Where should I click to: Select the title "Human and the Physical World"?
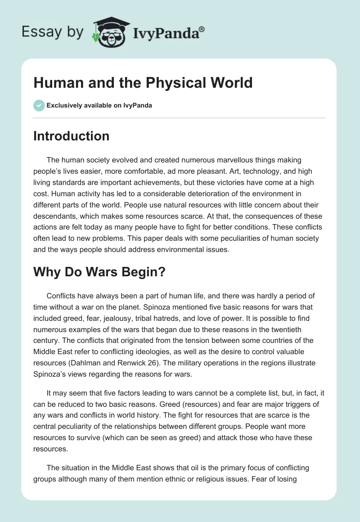143,83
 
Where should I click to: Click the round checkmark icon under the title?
39,106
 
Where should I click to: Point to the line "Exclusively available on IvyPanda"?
99,106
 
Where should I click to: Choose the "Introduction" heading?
71,136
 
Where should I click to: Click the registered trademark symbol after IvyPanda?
202,29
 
